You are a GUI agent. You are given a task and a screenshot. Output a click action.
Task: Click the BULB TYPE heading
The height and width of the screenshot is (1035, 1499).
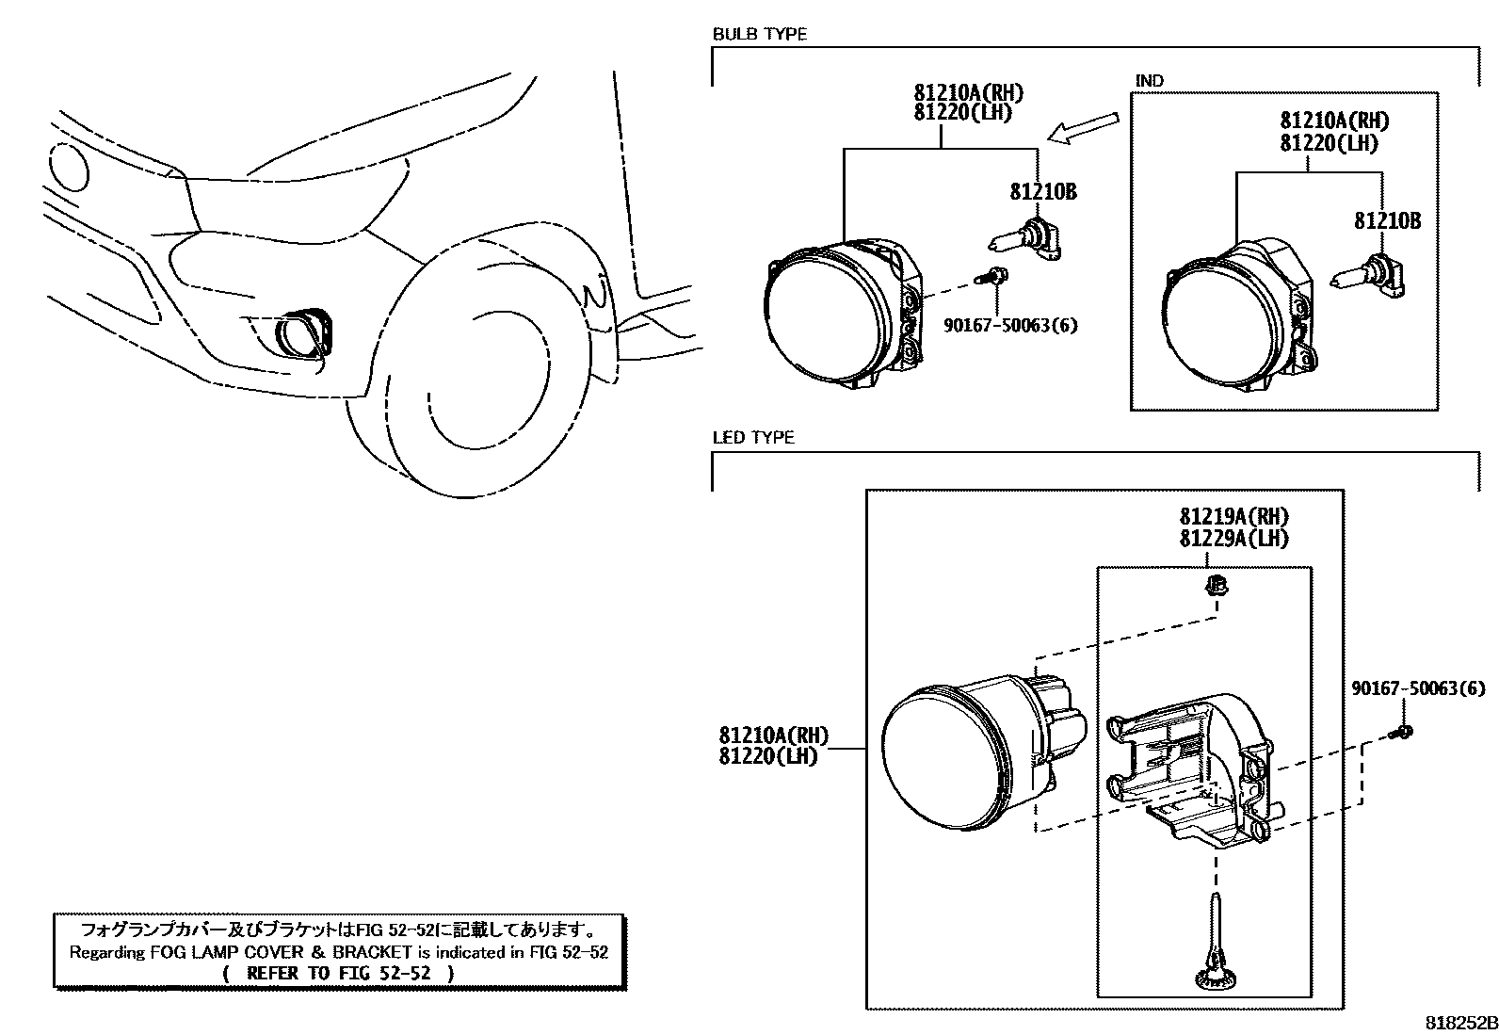759,35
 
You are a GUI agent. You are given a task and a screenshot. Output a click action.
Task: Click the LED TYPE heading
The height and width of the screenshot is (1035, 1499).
752,438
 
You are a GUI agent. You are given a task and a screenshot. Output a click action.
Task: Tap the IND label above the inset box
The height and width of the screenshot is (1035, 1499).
1149,81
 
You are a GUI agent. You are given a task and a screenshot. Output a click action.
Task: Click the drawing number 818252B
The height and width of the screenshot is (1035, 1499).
1459,1023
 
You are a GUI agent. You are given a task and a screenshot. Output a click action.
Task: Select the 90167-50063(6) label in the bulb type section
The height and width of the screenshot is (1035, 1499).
1010,326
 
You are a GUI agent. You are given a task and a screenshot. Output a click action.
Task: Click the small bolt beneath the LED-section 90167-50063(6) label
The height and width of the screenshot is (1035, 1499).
1402,732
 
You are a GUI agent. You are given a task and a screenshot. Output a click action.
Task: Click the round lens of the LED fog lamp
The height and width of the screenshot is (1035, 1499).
942,759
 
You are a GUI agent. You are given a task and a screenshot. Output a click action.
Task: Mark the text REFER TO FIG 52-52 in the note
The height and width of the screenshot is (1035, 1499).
339,973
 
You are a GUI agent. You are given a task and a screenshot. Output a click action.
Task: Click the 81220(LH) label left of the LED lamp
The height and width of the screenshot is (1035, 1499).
768,755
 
